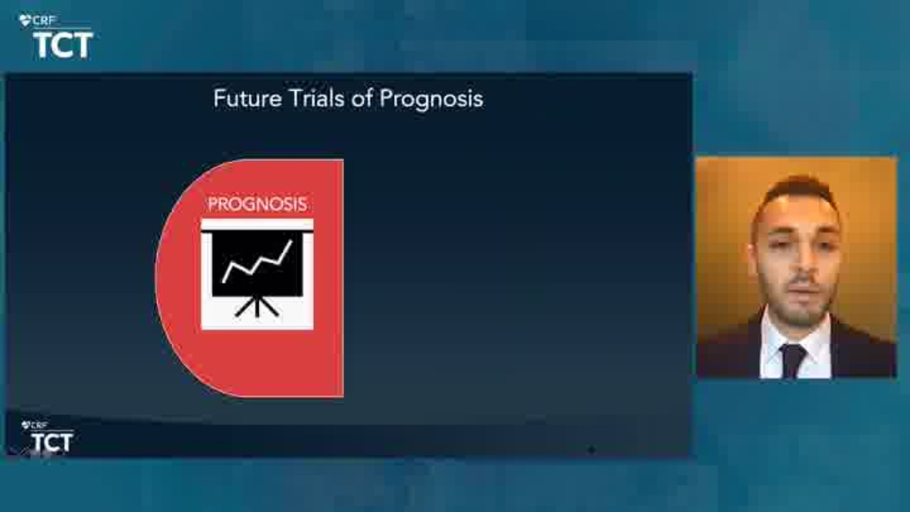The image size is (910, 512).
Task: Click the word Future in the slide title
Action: (x=247, y=99)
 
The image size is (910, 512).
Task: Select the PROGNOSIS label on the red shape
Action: (x=257, y=204)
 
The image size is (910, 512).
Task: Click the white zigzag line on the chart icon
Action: (x=257, y=261)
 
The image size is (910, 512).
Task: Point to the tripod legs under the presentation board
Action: (x=257, y=306)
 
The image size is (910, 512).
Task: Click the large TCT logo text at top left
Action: (x=63, y=45)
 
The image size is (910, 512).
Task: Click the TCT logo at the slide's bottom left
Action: (x=52, y=442)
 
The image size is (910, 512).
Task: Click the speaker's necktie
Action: (x=793, y=361)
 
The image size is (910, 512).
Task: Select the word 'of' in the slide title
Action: (x=362, y=98)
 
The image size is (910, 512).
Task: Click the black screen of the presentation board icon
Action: (x=257, y=264)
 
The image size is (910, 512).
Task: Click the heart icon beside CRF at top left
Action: (x=25, y=21)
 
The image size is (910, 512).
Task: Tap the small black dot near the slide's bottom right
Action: (x=591, y=449)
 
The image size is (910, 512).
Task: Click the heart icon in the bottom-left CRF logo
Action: (x=26, y=425)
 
